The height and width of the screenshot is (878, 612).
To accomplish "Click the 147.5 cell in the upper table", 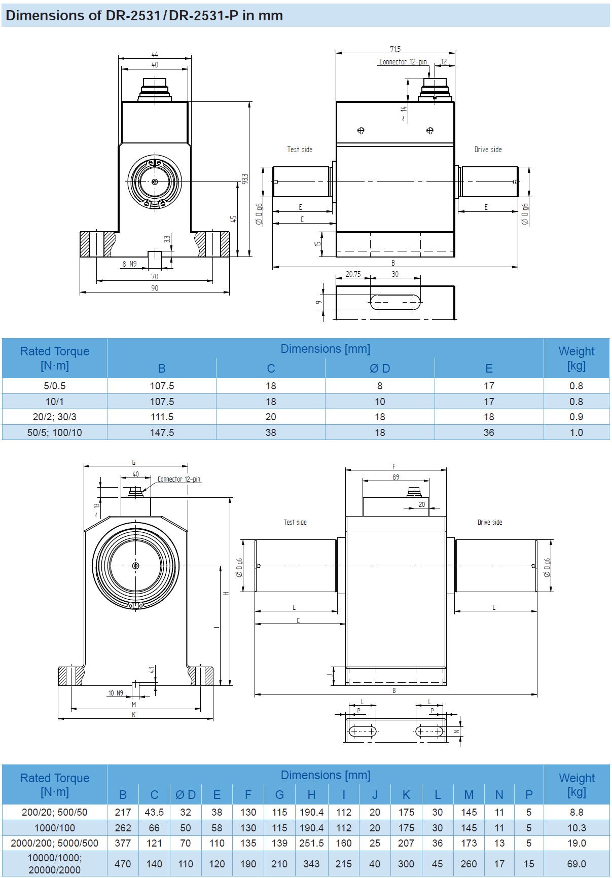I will pos(162,432).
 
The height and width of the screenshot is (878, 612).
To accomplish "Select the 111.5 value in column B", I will pos(162,417).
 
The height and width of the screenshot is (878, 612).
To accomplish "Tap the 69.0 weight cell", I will pos(577,864).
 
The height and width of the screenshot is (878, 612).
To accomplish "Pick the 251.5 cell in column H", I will pos(311,843).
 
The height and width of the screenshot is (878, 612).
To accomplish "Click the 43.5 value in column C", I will pos(154,812).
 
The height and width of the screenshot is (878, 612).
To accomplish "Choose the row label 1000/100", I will pos(55,828).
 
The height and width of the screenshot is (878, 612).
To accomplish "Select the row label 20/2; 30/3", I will pos(55,417).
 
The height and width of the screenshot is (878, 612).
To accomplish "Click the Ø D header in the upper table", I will pos(380,369).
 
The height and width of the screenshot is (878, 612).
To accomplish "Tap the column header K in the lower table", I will pos(406,795).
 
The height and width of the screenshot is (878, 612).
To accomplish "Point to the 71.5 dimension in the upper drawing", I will pos(395,49).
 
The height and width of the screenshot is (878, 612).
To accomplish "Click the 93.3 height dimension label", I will pos(245,179).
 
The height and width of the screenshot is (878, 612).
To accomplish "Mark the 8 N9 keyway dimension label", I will pos(129,264).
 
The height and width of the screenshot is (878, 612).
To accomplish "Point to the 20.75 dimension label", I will pos(353,274).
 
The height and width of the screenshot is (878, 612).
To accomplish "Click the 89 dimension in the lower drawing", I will pos(395,477).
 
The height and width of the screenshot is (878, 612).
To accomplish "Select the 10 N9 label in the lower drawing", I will pos(116,693).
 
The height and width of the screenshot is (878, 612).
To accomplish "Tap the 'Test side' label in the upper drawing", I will pos(300,150).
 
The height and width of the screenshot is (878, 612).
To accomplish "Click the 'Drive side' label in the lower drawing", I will pos(490,522).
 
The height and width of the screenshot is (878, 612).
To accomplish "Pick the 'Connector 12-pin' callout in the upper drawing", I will pos(403,62).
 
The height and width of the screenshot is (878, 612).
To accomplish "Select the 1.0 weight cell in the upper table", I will pos(577,432).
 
